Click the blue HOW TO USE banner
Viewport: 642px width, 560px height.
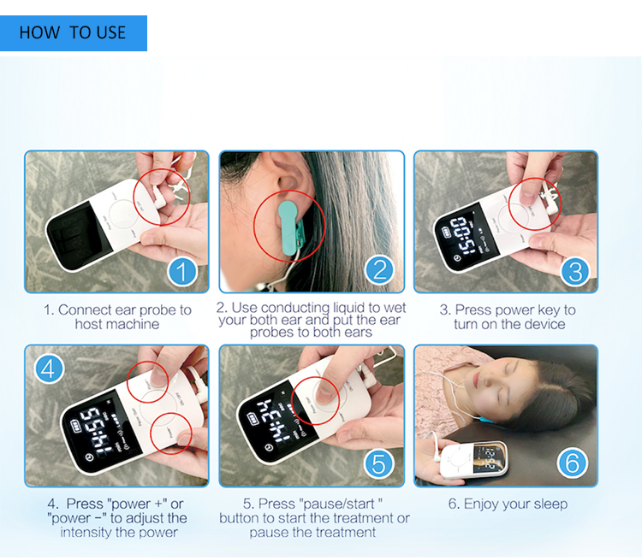73,33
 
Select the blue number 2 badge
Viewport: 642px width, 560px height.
379,271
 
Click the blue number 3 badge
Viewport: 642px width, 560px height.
575,271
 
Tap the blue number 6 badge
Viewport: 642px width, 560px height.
572,464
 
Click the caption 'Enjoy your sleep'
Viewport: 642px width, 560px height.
507,504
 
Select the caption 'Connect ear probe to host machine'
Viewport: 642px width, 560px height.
117,317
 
